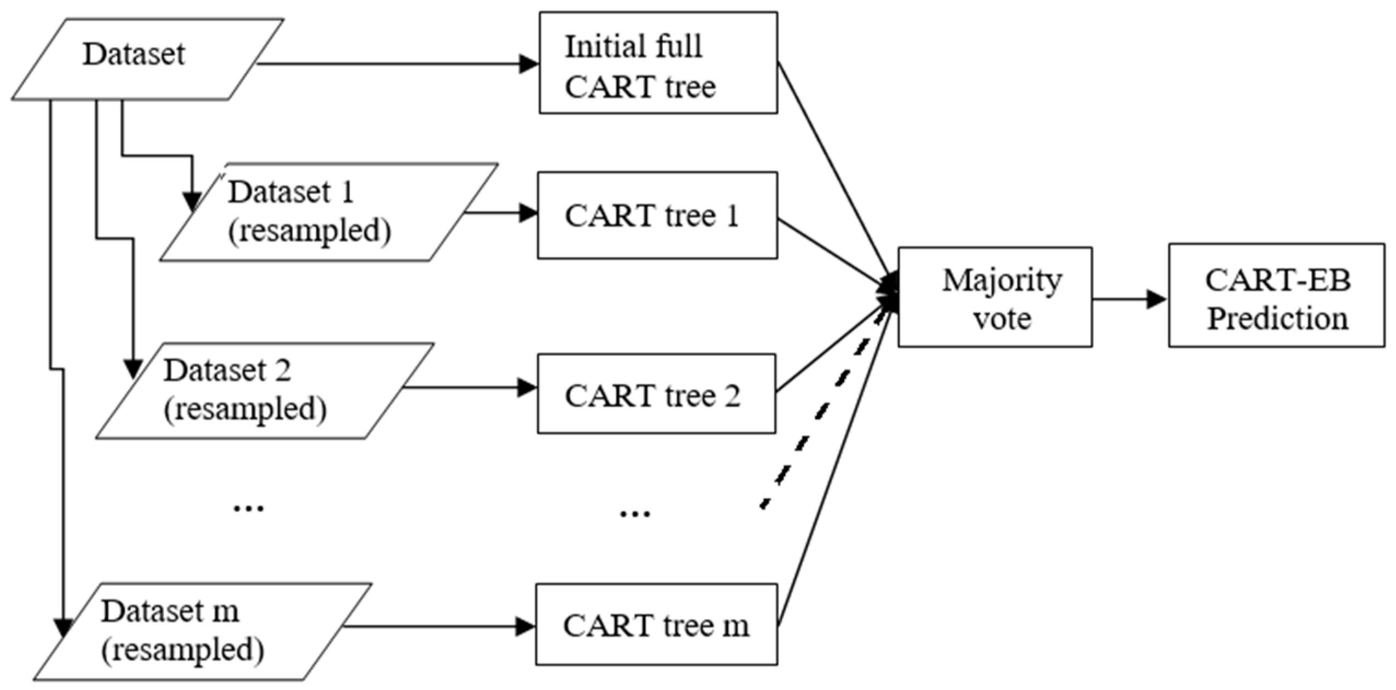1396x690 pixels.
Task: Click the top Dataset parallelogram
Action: tap(148, 59)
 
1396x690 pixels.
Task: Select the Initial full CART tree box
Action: tap(658, 63)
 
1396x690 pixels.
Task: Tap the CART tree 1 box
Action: tap(657, 215)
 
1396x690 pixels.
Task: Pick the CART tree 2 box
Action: tap(656, 394)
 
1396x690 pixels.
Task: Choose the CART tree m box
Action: tap(656, 625)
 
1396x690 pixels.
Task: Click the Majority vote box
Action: tap(995, 297)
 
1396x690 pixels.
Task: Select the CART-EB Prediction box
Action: tap(1276, 295)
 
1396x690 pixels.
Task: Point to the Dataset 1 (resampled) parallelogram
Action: tap(328, 212)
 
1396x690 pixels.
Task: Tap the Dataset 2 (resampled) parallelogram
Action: tap(265, 391)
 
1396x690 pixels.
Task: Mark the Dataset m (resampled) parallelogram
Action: tap(202, 631)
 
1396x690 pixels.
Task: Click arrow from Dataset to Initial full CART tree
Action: tap(394, 64)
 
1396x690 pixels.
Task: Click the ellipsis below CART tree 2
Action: tap(634, 513)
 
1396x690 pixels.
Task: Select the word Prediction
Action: tap(1277, 319)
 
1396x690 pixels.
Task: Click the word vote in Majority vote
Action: tap(1002, 319)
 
